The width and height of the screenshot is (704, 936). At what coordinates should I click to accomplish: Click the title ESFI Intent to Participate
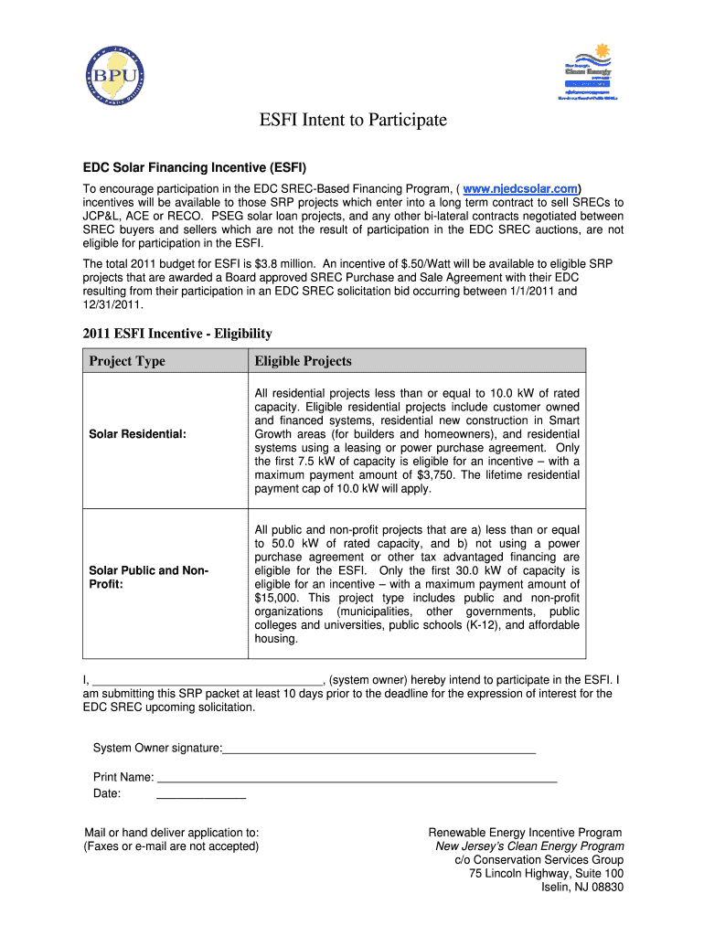point(351,120)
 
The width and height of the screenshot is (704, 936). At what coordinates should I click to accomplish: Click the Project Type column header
point(127,361)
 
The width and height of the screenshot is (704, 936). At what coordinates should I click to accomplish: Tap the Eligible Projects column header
point(303,361)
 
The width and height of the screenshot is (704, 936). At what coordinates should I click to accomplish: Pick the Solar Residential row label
point(137,434)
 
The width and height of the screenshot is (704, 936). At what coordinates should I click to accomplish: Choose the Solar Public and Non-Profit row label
point(148,577)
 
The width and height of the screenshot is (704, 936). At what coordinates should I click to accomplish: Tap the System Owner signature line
point(379,750)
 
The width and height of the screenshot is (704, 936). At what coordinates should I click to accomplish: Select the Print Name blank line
point(357,778)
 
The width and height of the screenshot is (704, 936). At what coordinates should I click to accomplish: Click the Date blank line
point(201,794)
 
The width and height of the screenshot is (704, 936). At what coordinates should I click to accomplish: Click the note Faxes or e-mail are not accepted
point(171,846)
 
